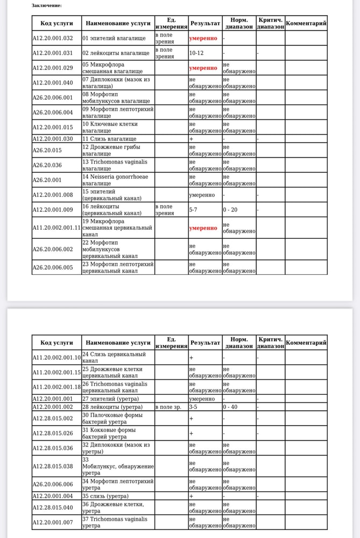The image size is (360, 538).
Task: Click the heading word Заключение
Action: click(x=46, y=5)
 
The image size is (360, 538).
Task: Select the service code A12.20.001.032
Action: click(x=52, y=38)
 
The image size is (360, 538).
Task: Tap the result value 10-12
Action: click(x=196, y=53)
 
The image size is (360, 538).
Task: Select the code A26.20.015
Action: click(x=47, y=150)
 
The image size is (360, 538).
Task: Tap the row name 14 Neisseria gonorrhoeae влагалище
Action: click(x=115, y=180)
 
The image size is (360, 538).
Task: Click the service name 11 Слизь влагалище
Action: click(x=109, y=139)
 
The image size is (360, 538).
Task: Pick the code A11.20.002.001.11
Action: click(x=56, y=228)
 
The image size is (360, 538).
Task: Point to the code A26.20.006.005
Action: click(x=52, y=267)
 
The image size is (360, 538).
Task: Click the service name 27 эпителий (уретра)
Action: click(x=110, y=399)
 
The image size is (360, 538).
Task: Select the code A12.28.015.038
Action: click(x=52, y=466)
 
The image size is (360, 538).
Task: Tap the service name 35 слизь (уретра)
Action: click(x=108, y=495)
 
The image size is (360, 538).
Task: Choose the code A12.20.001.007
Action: click(x=52, y=522)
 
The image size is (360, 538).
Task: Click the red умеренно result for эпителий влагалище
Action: click(x=203, y=38)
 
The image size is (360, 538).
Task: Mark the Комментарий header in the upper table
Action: click(x=306, y=23)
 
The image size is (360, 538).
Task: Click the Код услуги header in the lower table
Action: click(x=56, y=342)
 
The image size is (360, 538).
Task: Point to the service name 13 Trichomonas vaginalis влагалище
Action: click(x=115, y=165)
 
